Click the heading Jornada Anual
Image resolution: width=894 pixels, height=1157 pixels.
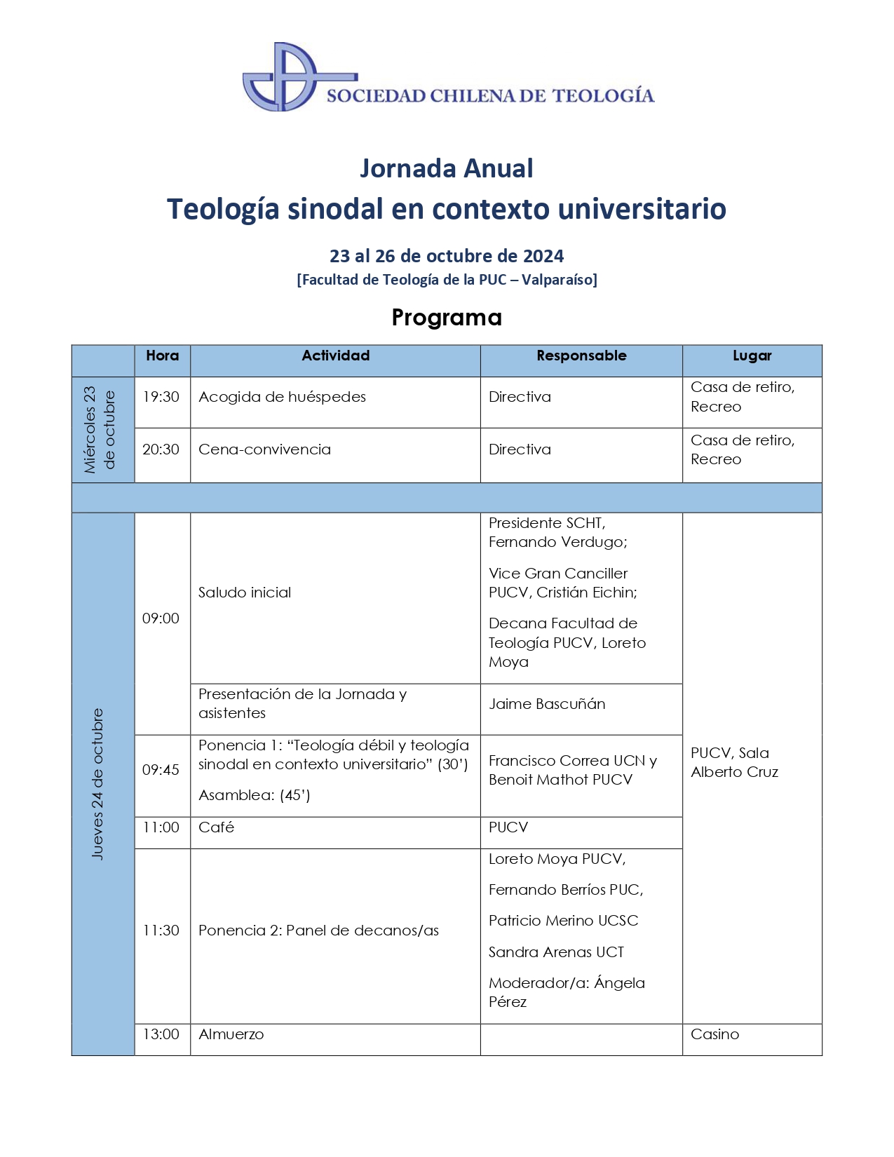pyautogui.click(x=446, y=168)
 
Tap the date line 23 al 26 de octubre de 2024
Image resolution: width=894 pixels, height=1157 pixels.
pyautogui.click(x=447, y=256)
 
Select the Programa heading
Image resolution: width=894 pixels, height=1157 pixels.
pyautogui.click(x=447, y=318)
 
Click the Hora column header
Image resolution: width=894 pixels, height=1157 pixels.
pyautogui.click(x=162, y=356)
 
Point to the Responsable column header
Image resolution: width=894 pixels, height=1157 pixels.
pyautogui.click(x=581, y=356)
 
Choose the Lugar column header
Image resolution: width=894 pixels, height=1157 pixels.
pyautogui.click(x=752, y=356)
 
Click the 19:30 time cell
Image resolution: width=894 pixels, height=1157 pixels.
pyautogui.click(x=161, y=397)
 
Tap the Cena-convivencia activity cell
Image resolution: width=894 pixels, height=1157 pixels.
pyautogui.click(x=264, y=449)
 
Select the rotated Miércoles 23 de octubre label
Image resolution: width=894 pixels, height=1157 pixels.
pyautogui.click(x=100, y=429)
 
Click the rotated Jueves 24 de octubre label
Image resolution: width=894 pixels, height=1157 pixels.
pyautogui.click(x=97, y=783)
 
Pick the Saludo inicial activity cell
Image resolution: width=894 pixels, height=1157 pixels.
pyautogui.click(x=245, y=593)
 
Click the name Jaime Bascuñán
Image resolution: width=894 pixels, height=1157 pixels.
pyautogui.click(x=547, y=704)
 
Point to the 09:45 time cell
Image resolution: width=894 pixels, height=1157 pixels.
pyautogui.click(x=161, y=770)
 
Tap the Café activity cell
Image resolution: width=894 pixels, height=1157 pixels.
pyautogui.click(x=216, y=827)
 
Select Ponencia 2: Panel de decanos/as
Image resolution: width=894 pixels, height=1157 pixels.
pyautogui.click(x=318, y=931)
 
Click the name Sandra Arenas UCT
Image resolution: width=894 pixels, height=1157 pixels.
pyautogui.click(x=556, y=952)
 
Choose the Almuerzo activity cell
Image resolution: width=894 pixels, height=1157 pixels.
pyautogui.click(x=231, y=1034)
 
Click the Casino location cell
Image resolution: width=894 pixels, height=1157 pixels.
pyautogui.click(x=714, y=1034)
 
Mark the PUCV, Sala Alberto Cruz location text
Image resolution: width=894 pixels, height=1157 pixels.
pyautogui.click(x=734, y=762)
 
